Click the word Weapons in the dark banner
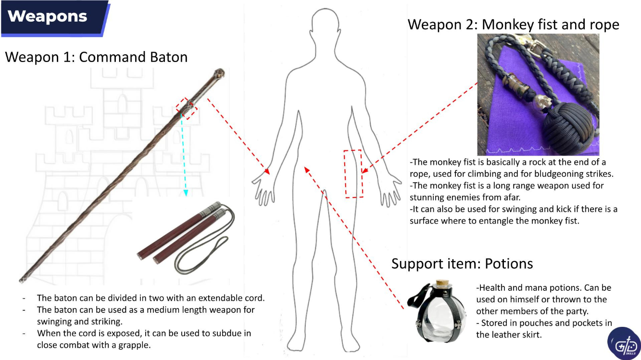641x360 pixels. (47, 16)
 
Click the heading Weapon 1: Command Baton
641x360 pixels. (96, 57)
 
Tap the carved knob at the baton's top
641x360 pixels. (219, 74)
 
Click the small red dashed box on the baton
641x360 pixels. (187, 108)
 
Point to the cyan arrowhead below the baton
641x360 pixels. (186, 193)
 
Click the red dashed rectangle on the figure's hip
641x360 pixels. (353, 174)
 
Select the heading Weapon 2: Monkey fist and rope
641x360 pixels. (514, 25)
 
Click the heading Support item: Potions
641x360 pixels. (462, 264)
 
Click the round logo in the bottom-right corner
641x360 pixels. (624, 343)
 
